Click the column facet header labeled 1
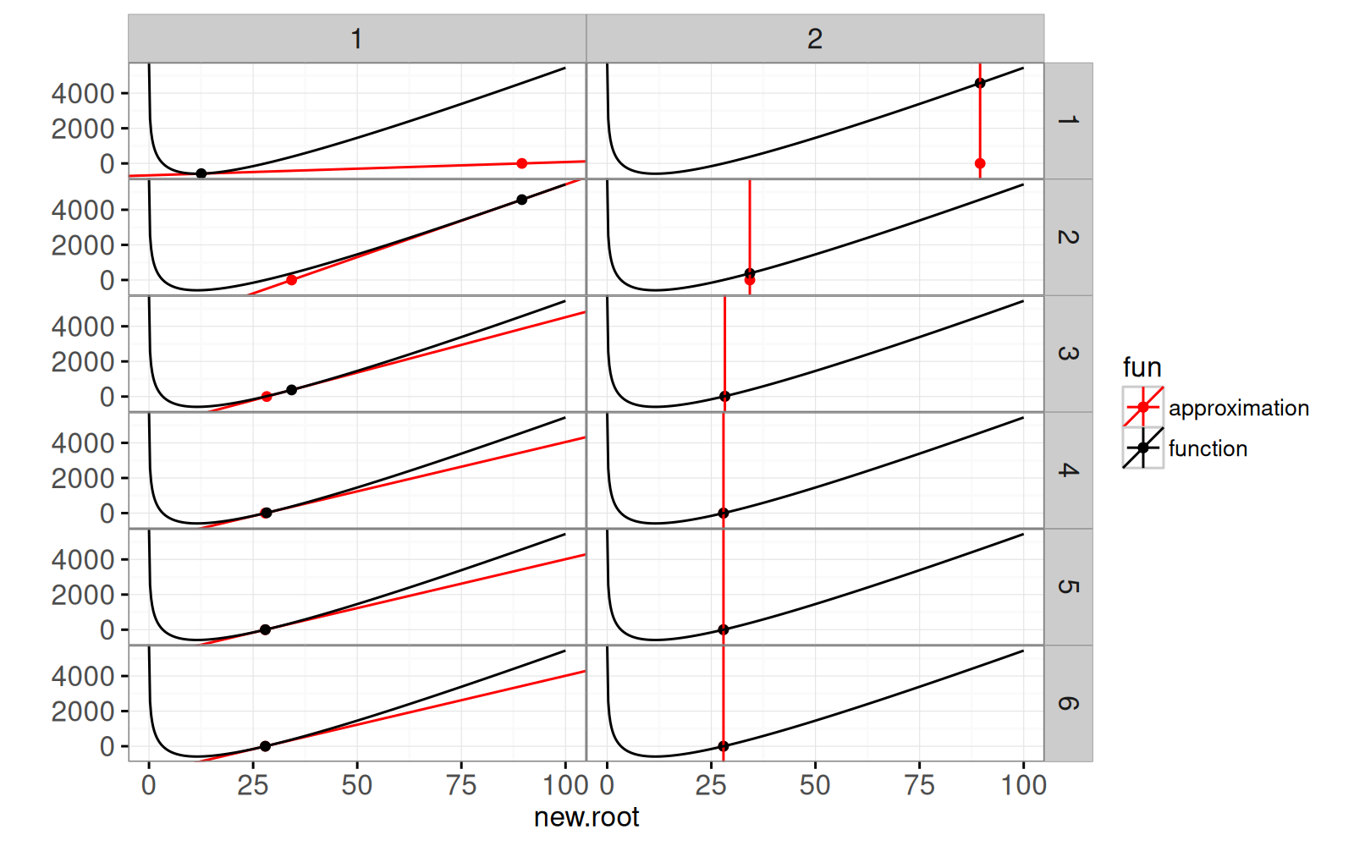point(356,39)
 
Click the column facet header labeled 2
point(814,39)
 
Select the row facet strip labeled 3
point(1068,354)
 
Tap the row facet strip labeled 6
point(1068,703)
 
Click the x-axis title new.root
point(586,817)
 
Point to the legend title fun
point(1142,367)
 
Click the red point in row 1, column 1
point(521,163)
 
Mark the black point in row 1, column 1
point(201,173)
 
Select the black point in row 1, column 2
point(980,83)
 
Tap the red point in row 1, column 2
point(980,163)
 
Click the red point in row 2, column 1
point(291,280)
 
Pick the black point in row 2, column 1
point(521,200)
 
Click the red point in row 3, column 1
point(267,397)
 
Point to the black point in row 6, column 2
point(724,746)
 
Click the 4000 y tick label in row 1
point(83,93)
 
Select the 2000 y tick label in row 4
point(83,478)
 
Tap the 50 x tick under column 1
point(356,785)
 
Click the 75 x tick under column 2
point(919,785)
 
